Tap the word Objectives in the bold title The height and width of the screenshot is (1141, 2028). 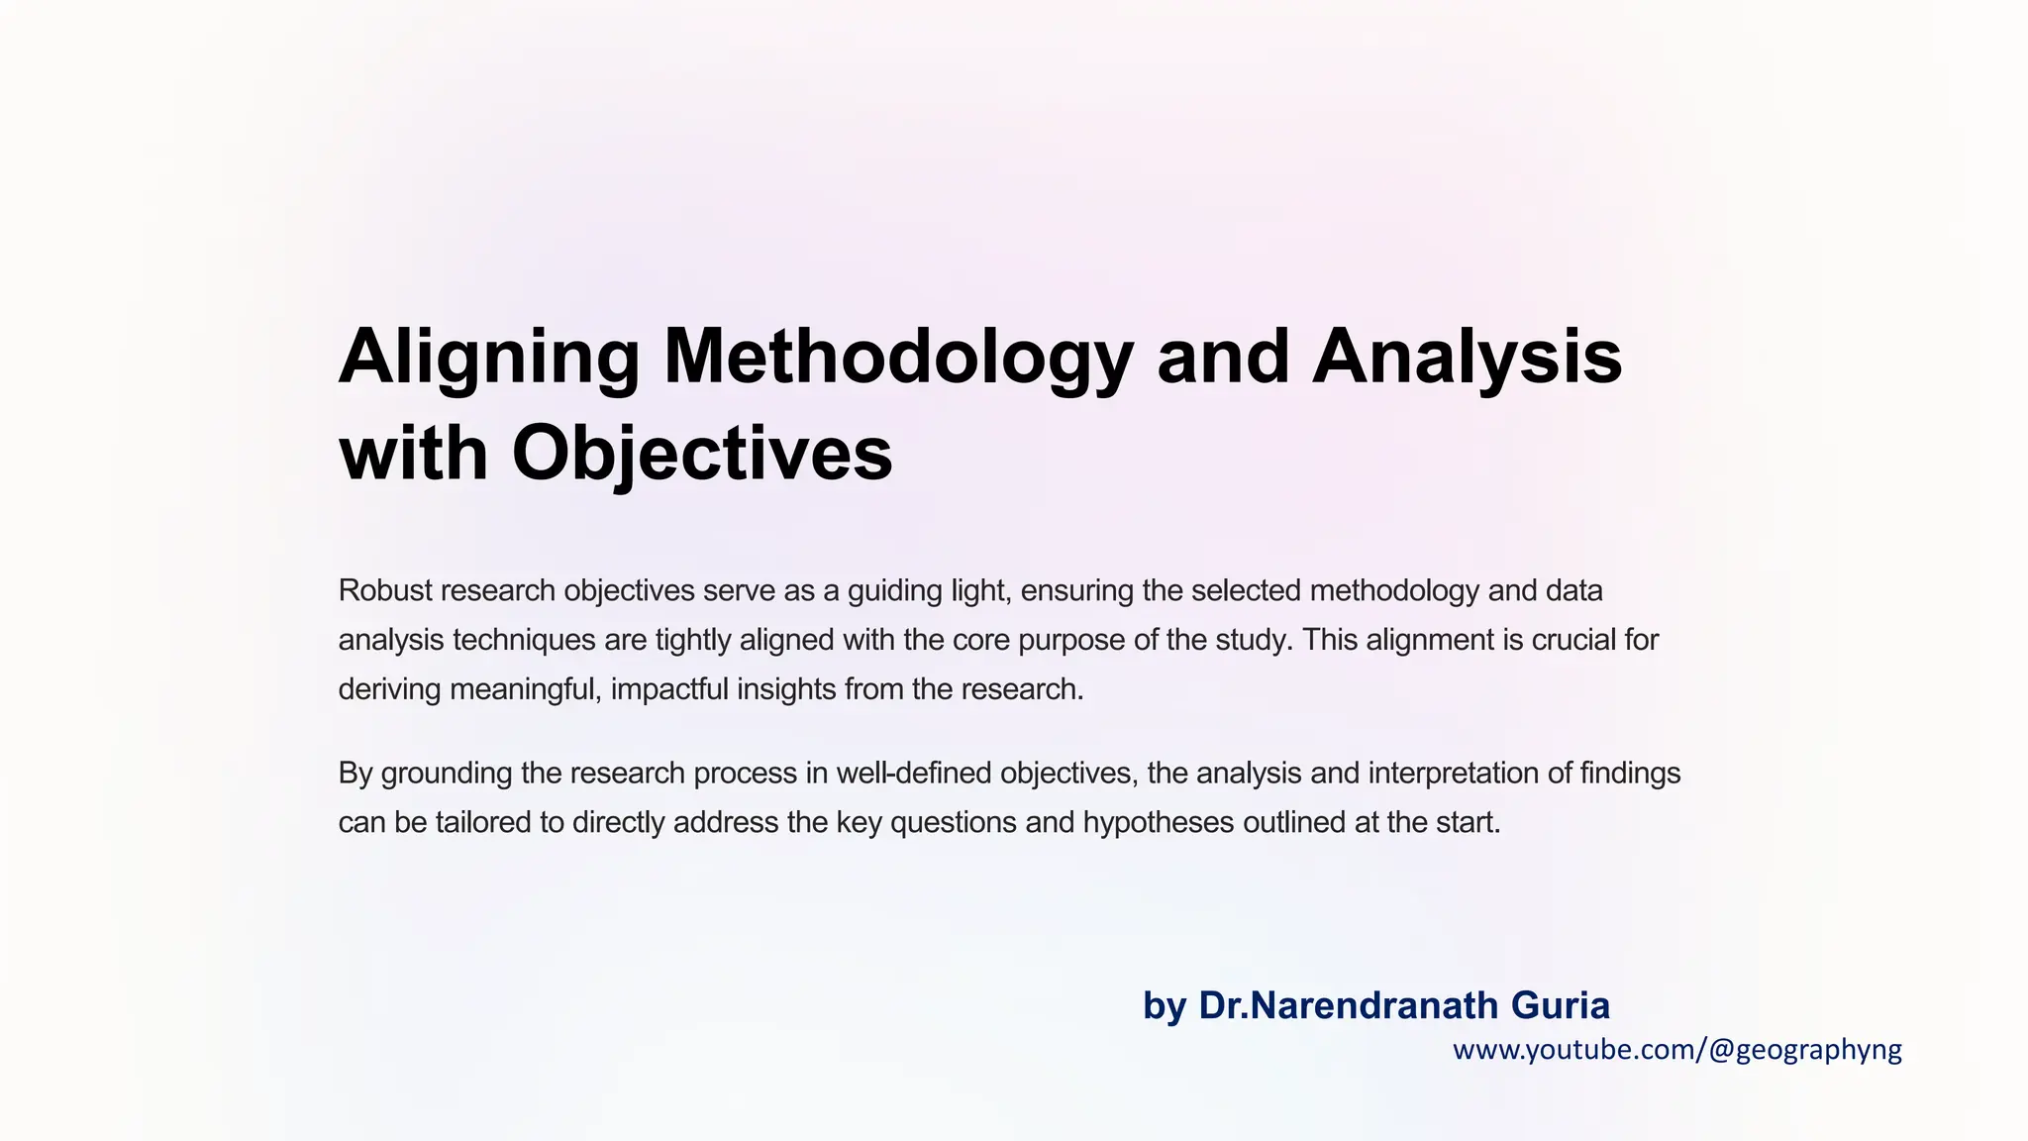[x=701, y=454]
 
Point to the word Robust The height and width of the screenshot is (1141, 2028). [x=385, y=590]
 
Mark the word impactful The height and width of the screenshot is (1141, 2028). [x=669, y=689]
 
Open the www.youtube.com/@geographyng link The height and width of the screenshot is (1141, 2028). [x=1676, y=1050]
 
